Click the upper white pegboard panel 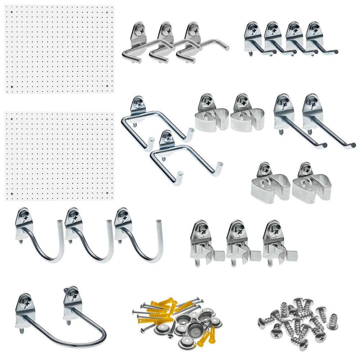59,49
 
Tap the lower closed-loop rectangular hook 184,155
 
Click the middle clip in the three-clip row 239,241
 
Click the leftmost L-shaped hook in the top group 139,43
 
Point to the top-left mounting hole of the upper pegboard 12,12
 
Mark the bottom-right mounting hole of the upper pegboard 108,86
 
